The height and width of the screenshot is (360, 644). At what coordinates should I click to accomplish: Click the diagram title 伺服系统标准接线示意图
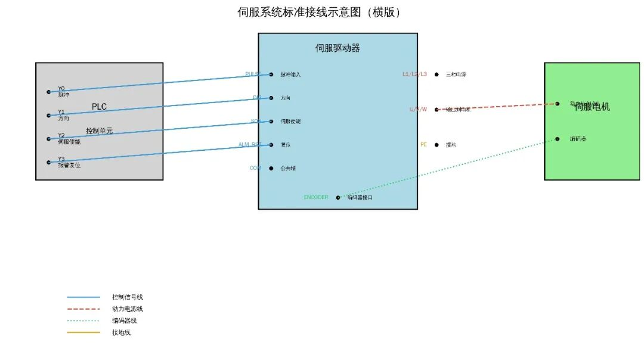pyautogui.click(x=319, y=12)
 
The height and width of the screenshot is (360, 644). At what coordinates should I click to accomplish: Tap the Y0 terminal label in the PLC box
pyautogui.click(x=61, y=89)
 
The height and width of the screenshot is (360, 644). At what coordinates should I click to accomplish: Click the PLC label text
pyautogui.click(x=99, y=107)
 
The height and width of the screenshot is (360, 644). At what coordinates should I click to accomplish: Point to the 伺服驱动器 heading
pyautogui.click(x=338, y=48)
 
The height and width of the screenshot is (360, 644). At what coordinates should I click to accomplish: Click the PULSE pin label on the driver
pyautogui.click(x=253, y=74)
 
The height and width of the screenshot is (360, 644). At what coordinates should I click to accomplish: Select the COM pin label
pyautogui.click(x=255, y=168)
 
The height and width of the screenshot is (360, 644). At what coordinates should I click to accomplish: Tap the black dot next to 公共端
pyautogui.click(x=271, y=168)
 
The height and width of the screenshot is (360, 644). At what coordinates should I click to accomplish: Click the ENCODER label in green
pyautogui.click(x=316, y=197)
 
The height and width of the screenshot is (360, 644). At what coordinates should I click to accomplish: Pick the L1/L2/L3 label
pyautogui.click(x=415, y=74)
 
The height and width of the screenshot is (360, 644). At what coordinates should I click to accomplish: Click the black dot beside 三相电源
pyautogui.click(x=436, y=75)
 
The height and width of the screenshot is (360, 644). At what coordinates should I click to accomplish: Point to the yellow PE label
pyautogui.click(x=423, y=144)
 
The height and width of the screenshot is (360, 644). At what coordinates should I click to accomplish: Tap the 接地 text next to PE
pyautogui.click(x=451, y=145)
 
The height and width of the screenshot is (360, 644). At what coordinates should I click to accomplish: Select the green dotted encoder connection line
pyautogui.click(x=447, y=168)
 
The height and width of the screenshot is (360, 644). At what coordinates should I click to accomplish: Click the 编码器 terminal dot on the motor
pyautogui.click(x=558, y=139)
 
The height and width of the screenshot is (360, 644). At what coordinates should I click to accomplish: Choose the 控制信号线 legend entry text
pyautogui.click(x=127, y=297)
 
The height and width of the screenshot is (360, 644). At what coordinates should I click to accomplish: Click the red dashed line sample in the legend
pyautogui.click(x=83, y=309)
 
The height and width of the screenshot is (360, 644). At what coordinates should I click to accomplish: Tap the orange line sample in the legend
pyautogui.click(x=83, y=333)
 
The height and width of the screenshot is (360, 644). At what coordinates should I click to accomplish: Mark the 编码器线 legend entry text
pyautogui.click(x=124, y=321)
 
